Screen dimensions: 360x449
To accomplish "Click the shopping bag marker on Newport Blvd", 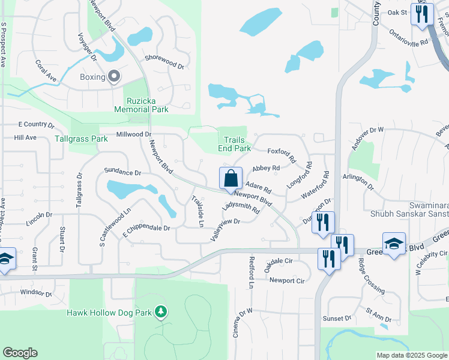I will (x=231, y=179).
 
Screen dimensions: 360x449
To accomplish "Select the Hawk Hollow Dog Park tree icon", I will (x=160, y=312).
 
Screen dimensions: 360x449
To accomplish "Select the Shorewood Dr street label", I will (x=164, y=61).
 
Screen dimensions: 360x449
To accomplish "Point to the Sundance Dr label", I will (x=122, y=172).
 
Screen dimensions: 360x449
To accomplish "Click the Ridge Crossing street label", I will (x=372, y=275).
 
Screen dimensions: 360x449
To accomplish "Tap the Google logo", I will (x=20, y=353).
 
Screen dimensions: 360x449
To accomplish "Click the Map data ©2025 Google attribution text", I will (x=411, y=355).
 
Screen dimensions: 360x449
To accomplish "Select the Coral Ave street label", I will (x=46, y=71).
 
